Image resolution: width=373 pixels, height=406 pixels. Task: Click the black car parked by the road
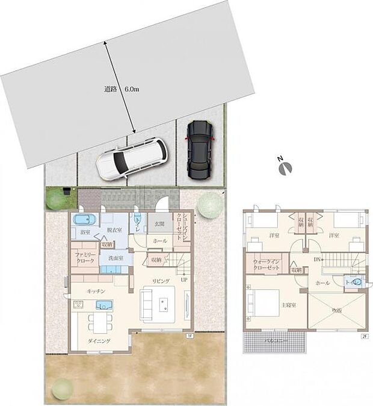tap(199, 150)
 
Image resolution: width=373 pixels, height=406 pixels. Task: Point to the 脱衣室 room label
tap(114, 230)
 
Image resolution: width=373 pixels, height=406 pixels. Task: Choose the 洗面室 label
tap(116, 258)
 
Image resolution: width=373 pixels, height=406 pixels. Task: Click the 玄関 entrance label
tap(160, 223)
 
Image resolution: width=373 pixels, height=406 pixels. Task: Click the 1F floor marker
tap(189, 336)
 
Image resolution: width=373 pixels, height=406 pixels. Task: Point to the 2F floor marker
tap(364, 336)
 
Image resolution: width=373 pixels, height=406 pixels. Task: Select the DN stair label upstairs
tap(316, 260)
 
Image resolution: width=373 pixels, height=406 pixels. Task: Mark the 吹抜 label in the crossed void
tap(337, 310)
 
